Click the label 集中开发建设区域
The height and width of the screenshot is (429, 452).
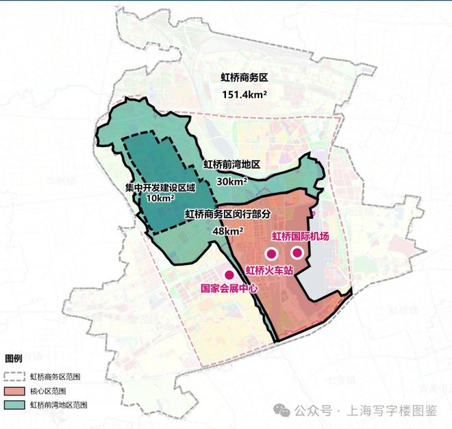click(160, 186)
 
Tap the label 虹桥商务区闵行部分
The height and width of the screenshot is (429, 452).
click(228, 213)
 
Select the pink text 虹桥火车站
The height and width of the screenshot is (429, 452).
click(269, 270)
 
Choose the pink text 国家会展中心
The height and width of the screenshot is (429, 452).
click(229, 289)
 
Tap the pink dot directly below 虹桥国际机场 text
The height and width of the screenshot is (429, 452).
click(296, 252)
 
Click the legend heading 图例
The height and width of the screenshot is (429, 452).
click(14, 358)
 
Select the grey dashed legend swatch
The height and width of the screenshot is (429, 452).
click(14, 376)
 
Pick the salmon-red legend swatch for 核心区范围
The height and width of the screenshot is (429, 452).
click(14, 391)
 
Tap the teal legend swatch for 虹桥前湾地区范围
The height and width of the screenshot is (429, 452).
click(14, 405)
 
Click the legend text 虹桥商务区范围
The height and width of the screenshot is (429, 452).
click(53, 376)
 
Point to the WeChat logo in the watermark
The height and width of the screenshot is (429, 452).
click(281, 411)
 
